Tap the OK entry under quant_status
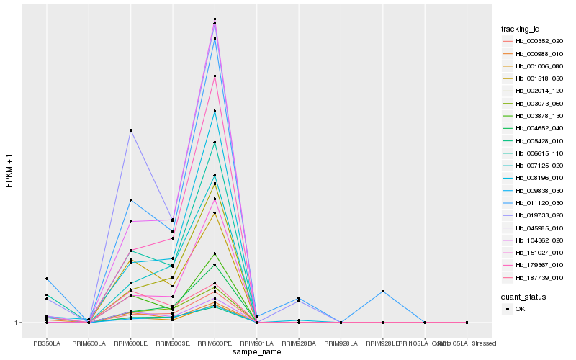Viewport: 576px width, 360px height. pyautogui.click(x=520, y=309)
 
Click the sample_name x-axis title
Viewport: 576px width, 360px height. pyautogui.click(x=257, y=352)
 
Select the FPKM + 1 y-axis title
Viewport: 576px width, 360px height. pyautogui.click(x=9, y=171)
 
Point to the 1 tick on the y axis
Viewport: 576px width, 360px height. pyautogui.click(x=17, y=323)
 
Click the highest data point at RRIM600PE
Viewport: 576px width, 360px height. pyautogui.click(x=215, y=19)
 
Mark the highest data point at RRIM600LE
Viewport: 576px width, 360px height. pyautogui.click(x=130, y=130)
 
